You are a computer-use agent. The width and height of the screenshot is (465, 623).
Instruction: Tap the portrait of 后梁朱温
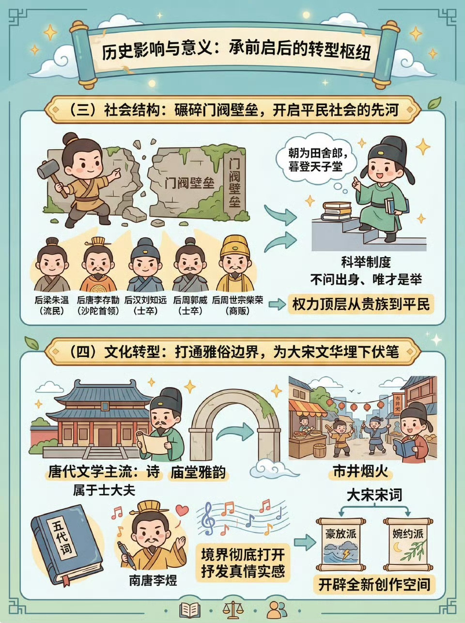point(52,265)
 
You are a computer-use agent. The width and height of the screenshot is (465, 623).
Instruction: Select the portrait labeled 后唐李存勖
point(98,265)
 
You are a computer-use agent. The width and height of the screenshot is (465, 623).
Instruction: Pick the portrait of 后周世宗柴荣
point(235,264)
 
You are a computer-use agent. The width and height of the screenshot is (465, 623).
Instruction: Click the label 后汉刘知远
point(145,300)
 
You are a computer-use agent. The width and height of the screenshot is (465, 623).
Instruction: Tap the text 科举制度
point(366,262)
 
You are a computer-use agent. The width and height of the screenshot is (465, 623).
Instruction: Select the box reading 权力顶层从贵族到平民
point(361,304)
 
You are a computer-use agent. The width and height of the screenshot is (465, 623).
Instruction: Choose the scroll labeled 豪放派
point(341,545)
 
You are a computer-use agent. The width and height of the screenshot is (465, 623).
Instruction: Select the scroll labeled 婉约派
point(408,545)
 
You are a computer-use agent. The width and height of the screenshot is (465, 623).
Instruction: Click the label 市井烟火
point(360,472)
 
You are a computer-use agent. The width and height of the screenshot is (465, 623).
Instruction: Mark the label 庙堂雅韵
point(198,472)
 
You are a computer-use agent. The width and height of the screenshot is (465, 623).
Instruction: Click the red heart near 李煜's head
point(182,510)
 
